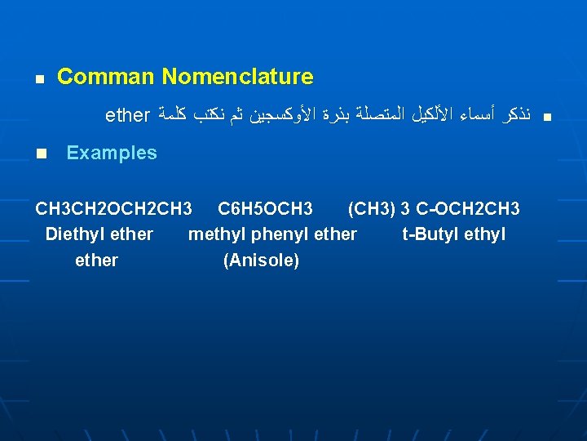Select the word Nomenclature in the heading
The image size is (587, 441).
(x=237, y=78)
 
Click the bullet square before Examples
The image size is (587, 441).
(x=39, y=154)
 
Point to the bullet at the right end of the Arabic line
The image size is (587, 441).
(x=547, y=118)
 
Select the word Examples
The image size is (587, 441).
(x=112, y=154)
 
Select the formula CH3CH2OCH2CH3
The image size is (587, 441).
(x=114, y=209)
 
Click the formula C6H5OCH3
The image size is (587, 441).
(x=265, y=209)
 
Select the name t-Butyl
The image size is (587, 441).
(x=430, y=234)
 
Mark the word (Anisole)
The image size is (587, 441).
(x=261, y=261)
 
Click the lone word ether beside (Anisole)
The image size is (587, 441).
(x=96, y=261)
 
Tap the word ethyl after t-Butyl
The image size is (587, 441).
(x=484, y=234)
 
